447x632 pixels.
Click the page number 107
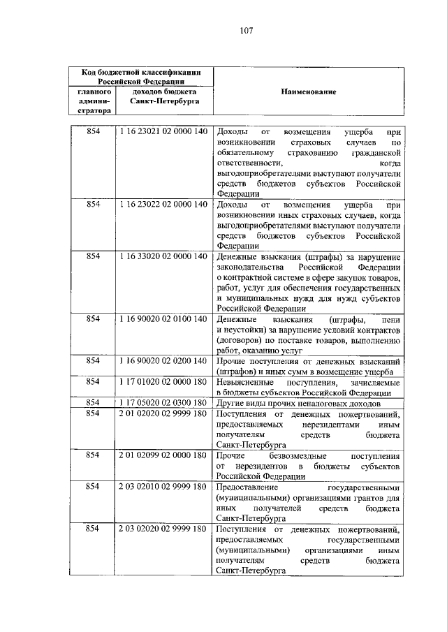245,30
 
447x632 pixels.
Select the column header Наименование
309,91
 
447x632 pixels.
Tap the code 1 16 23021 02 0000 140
163,132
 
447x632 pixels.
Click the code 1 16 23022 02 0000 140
163,205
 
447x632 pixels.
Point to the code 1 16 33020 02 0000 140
163,257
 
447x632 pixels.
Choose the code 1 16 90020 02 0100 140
163,319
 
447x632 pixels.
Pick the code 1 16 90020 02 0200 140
163,361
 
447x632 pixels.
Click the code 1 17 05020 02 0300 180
163,404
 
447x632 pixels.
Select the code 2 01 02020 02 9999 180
163,414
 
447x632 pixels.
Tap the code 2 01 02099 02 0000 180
163,455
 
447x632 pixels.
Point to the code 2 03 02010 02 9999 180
163,487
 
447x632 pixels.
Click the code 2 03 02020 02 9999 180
163,529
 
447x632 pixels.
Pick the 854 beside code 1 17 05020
93,404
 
